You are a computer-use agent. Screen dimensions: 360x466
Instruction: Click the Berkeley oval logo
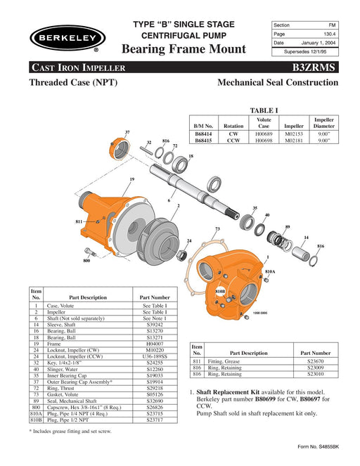coord(67,38)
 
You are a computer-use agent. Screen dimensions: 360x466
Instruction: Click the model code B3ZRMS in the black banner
coord(314,67)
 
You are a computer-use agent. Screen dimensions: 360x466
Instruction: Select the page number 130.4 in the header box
coord(329,34)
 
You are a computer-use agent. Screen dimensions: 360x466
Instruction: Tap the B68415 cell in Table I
coord(203,141)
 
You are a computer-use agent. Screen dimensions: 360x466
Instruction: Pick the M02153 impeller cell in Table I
coord(294,134)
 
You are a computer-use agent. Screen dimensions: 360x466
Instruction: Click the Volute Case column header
coord(264,123)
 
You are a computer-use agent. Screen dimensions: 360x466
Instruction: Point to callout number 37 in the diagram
coord(127,132)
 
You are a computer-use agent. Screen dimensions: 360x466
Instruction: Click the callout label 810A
coord(270,271)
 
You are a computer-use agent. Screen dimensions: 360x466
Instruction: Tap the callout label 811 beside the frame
coord(79,221)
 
